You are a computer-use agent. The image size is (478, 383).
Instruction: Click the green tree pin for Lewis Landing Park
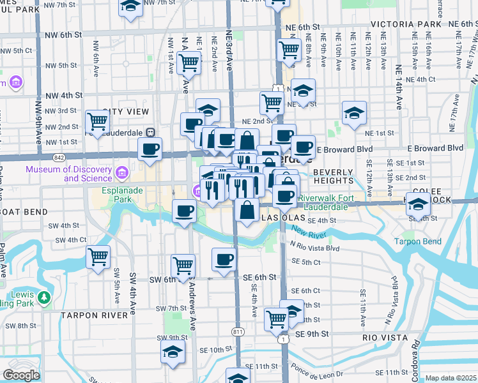pos(43,297)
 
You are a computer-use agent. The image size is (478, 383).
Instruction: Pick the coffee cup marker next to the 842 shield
pos(150,150)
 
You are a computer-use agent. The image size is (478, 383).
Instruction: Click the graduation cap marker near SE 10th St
pos(173,352)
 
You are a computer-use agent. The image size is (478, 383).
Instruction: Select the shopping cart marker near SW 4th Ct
pos(98,257)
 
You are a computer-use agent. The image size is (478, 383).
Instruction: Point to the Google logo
pos(21,375)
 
